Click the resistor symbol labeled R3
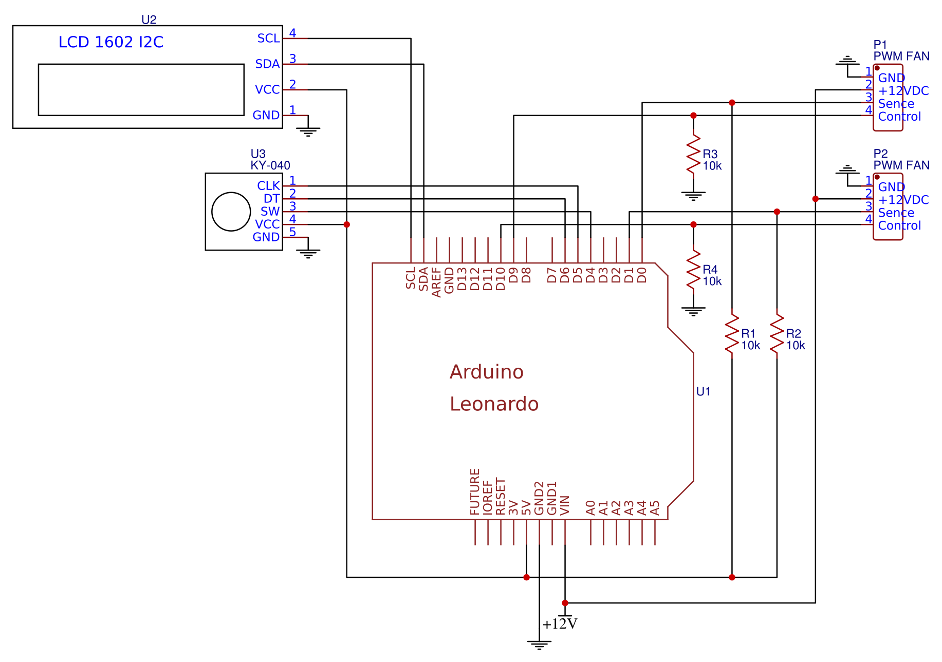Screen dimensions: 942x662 (x=693, y=154)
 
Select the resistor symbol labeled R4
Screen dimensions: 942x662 (x=693, y=269)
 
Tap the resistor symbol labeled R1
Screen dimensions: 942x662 (x=732, y=333)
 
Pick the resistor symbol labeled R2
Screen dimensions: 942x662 (x=777, y=333)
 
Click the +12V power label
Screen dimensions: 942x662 (x=560, y=624)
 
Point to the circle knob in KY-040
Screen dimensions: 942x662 (x=231, y=212)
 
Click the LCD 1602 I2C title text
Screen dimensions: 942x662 (x=111, y=42)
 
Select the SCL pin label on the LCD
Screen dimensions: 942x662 (x=268, y=39)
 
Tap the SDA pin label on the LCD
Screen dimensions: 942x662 (x=267, y=64)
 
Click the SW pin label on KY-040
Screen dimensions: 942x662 (x=270, y=212)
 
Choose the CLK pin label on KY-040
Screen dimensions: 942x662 (x=268, y=186)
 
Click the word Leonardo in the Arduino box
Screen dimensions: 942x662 (x=494, y=404)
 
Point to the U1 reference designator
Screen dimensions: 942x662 (x=703, y=392)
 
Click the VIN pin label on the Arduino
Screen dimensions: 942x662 (x=565, y=505)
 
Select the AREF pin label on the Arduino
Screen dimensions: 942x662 (x=436, y=282)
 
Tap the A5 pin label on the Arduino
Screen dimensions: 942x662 (x=655, y=508)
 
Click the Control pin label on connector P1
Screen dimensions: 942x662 (x=899, y=117)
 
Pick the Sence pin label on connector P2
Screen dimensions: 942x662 (x=896, y=213)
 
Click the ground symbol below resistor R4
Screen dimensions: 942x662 (x=693, y=311)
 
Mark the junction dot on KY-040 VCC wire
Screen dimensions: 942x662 (x=347, y=224)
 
